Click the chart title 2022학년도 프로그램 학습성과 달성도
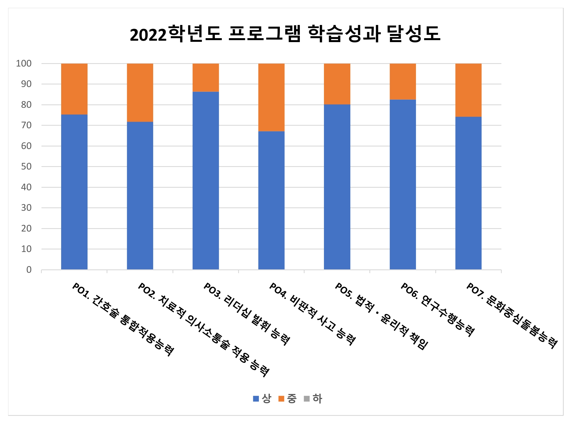click(x=285, y=34)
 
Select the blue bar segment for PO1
click(x=74, y=192)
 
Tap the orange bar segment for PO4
click(x=271, y=97)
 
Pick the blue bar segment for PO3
click(x=206, y=180)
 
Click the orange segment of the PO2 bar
click(x=140, y=93)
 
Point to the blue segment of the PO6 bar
click(x=403, y=184)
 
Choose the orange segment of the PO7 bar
click(x=468, y=90)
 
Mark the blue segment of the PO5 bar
click(x=337, y=187)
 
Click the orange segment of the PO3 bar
click(x=206, y=77)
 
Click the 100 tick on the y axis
click(x=24, y=63)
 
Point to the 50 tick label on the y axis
click(x=26, y=166)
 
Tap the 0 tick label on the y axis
click(x=29, y=270)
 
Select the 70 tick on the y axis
click(x=26, y=125)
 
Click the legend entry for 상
click(x=263, y=398)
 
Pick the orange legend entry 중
click(x=288, y=398)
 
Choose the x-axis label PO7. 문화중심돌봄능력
click(x=512, y=316)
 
